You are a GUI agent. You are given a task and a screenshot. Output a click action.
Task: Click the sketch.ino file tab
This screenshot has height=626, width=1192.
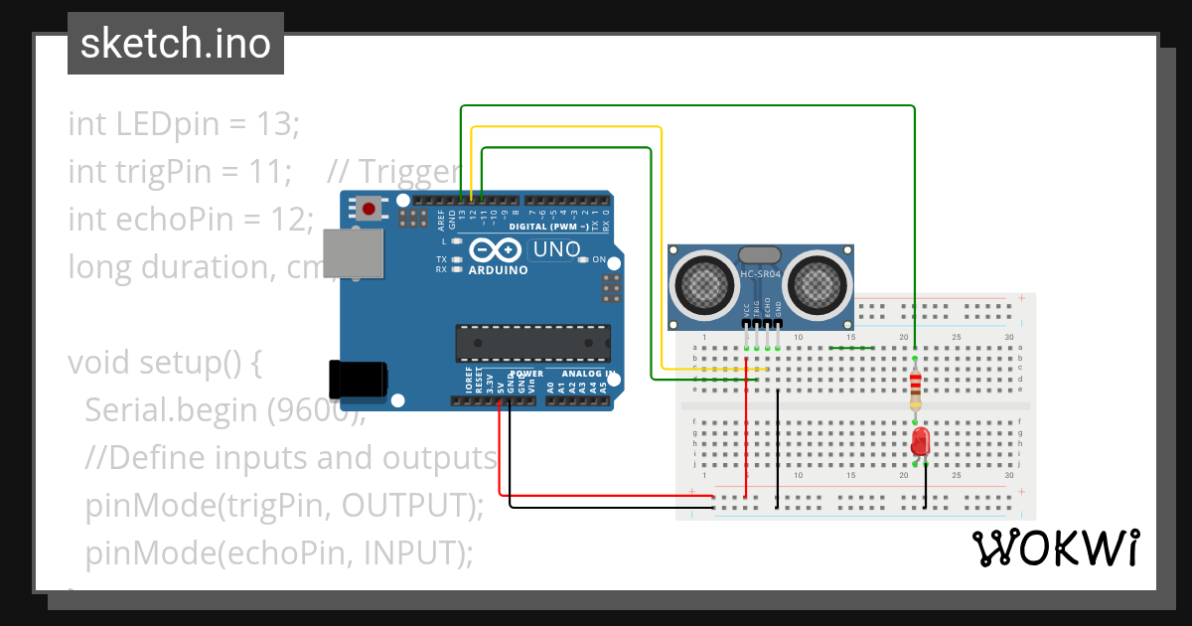[175, 44]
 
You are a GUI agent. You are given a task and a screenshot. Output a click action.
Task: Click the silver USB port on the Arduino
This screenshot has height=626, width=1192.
[354, 253]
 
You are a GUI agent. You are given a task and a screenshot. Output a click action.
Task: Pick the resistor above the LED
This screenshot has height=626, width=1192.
[916, 390]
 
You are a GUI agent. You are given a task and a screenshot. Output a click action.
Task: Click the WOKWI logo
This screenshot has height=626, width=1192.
[1055, 548]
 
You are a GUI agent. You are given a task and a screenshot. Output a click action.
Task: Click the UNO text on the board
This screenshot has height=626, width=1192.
[556, 249]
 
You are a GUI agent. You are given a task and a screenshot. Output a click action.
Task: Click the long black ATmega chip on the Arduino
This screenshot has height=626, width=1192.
[533, 342]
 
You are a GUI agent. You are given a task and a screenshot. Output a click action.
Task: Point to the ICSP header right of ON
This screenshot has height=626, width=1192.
[611, 289]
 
